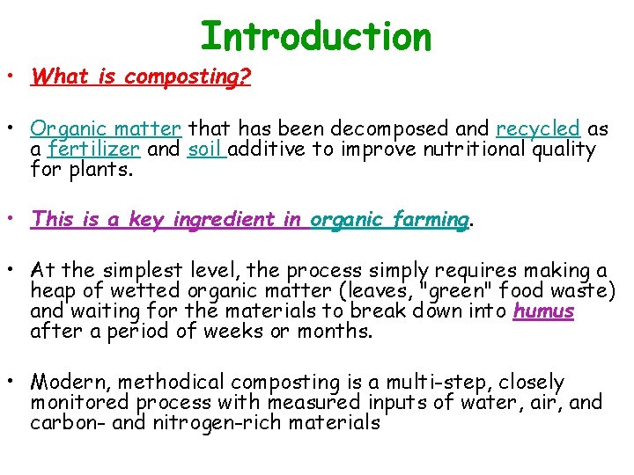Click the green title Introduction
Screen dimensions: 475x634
tap(316, 37)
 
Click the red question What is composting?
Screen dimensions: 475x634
tap(141, 77)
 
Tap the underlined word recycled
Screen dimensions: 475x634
tap(538, 128)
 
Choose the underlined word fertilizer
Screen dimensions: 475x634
tap(94, 149)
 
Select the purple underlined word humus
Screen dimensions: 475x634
tap(543, 311)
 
